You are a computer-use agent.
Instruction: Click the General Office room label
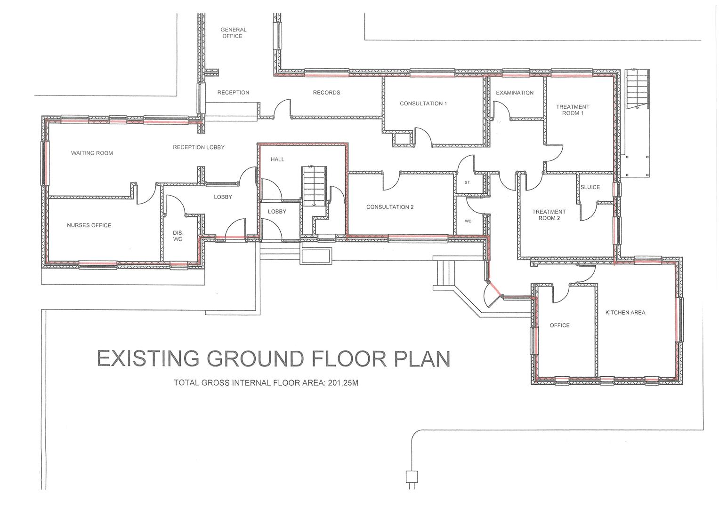233,33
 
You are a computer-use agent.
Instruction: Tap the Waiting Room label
92,153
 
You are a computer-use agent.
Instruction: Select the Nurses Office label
89,225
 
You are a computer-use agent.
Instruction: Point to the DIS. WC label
177,236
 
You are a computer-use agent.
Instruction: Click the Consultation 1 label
423,103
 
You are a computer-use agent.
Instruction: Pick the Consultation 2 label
390,207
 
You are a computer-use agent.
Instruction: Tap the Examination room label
515,93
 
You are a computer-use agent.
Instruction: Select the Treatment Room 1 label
573,110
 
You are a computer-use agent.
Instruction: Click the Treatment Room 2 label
549,215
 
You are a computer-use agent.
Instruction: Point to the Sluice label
590,187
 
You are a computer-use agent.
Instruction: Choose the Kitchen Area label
625,312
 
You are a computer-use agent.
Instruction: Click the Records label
326,93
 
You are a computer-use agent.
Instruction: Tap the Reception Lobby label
198,147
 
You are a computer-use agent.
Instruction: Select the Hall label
277,159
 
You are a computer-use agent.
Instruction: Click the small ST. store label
467,182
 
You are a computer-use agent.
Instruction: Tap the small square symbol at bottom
412,476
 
